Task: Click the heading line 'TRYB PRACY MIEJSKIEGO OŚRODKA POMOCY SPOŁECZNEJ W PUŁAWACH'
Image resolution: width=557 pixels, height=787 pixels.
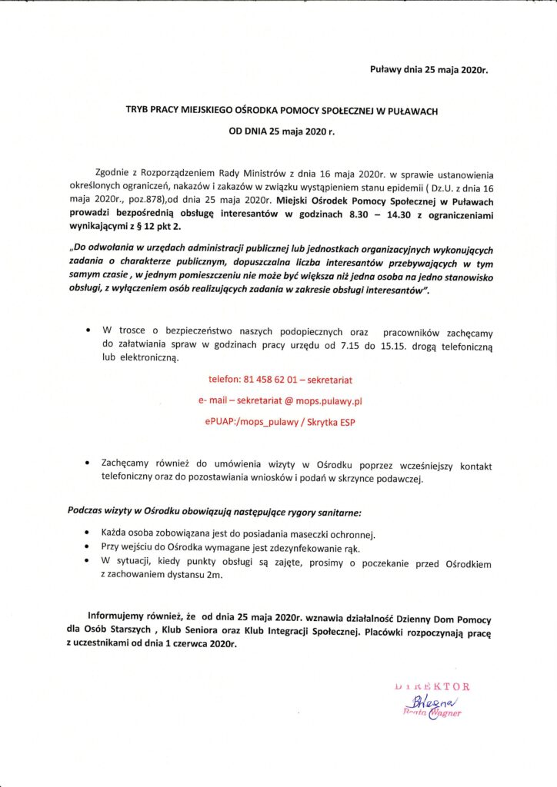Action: point(282,111)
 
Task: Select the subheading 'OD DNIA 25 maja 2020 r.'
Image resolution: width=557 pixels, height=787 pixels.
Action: point(282,131)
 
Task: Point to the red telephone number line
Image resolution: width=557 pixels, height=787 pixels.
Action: point(281,380)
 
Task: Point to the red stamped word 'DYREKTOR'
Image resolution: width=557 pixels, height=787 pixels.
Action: point(432,686)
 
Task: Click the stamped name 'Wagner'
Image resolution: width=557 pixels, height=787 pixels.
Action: point(445,713)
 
